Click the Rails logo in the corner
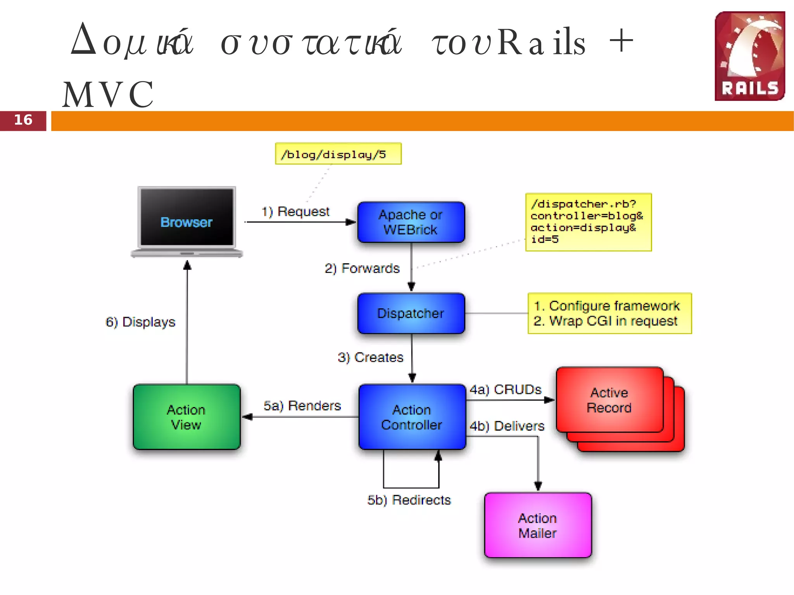click(x=749, y=56)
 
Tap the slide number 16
click(x=23, y=120)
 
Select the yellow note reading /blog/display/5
click(x=338, y=154)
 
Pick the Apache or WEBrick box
click(x=411, y=222)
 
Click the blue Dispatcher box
click(x=411, y=313)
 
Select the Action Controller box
click(x=412, y=417)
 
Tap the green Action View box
click(x=186, y=417)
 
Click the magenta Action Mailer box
click(x=538, y=525)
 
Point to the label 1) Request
click(x=295, y=212)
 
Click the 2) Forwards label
click(x=362, y=268)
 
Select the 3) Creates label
click(x=370, y=357)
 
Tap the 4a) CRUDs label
click(x=506, y=390)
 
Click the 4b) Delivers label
click(x=507, y=426)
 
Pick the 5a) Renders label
click(x=302, y=406)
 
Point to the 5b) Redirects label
click(x=409, y=500)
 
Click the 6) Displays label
click(x=140, y=322)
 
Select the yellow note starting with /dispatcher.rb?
click(x=588, y=222)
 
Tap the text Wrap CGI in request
click(x=613, y=321)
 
